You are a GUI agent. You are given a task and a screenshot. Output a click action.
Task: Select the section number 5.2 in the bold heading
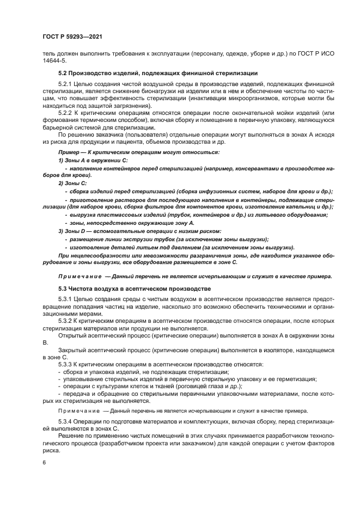point(63,73)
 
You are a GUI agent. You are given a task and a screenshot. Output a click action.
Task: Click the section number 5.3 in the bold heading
point(63,287)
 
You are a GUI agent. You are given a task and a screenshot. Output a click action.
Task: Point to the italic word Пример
point(69,152)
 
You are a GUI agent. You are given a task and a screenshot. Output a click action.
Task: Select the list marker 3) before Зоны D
point(61,231)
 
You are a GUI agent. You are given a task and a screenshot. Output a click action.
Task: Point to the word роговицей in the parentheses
point(181,385)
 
